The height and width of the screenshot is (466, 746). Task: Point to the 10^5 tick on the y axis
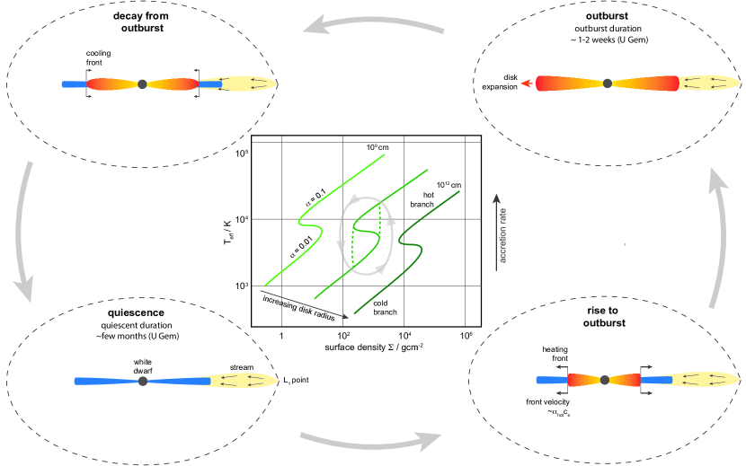[x=241, y=154]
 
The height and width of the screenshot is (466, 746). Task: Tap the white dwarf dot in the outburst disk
[x=608, y=84]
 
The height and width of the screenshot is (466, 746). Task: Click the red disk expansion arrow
[x=528, y=84]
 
